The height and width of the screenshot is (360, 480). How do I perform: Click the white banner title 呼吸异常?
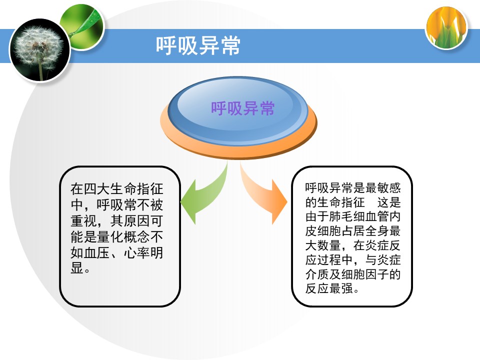[x=198, y=45]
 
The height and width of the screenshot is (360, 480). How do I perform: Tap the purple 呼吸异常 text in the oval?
[x=243, y=108]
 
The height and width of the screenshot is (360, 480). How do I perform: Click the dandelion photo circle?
[x=40, y=50]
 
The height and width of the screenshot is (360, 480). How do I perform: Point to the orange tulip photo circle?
[x=446, y=28]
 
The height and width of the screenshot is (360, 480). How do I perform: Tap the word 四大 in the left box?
[x=97, y=188]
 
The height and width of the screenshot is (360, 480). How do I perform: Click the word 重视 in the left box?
[x=83, y=220]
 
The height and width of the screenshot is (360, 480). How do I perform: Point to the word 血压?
[x=97, y=252]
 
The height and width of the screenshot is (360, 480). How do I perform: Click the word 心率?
[x=136, y=252]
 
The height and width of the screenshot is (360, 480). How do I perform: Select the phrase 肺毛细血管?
[x=359, y=216]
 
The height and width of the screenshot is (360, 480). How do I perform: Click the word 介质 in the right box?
[x=317, y=274]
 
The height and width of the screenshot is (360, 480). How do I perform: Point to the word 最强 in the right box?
[x=341, y=288]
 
